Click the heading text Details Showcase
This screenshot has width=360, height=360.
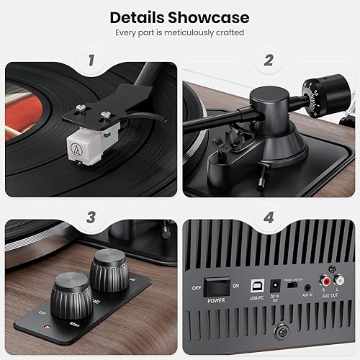coord(179,17)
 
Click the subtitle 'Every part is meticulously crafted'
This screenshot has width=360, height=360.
coord(179,33)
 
